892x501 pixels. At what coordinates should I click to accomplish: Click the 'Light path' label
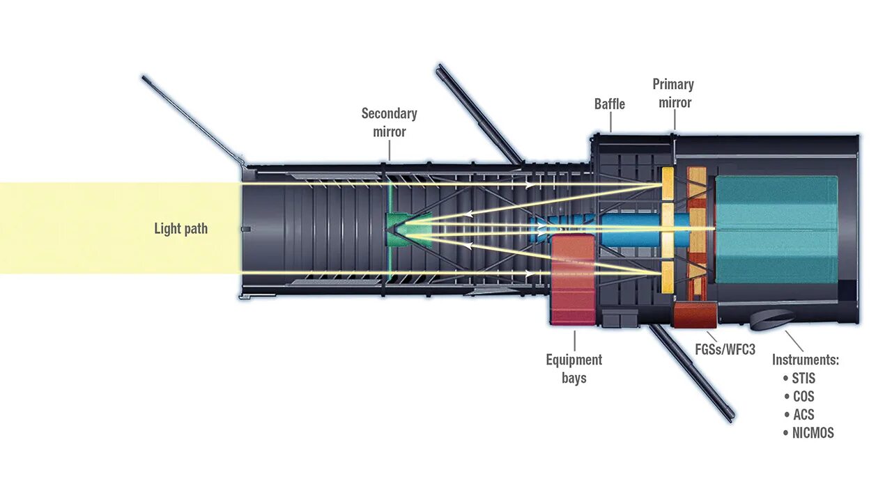(x=180, y=228)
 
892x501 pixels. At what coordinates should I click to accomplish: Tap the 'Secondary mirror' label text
(x=389, y=122)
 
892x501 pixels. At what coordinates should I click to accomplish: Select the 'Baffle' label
(x=610, y=104)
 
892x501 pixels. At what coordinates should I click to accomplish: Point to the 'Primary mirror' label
(x=673, y=93)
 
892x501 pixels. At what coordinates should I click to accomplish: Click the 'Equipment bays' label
(x=574, y=369)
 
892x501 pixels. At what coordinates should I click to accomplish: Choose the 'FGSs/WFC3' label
(x=725, y=349)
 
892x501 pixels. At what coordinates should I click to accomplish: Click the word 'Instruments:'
(x=805, y=360)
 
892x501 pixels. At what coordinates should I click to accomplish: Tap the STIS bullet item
(x=803, y=379)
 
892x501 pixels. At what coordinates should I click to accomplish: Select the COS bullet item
(x=803, y=397)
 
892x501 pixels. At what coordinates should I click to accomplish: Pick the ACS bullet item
(x=803, y=415)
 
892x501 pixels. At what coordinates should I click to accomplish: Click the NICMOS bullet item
(x=812, y=433)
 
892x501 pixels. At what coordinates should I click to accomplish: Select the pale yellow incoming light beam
(x=118, y=228)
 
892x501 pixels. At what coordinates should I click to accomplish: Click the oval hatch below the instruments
(x=772, y=319)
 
